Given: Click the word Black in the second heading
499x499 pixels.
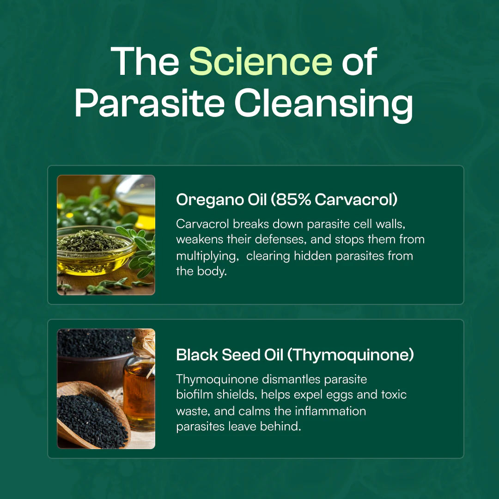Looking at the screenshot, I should pyautogui.click(x=196, y=355).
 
